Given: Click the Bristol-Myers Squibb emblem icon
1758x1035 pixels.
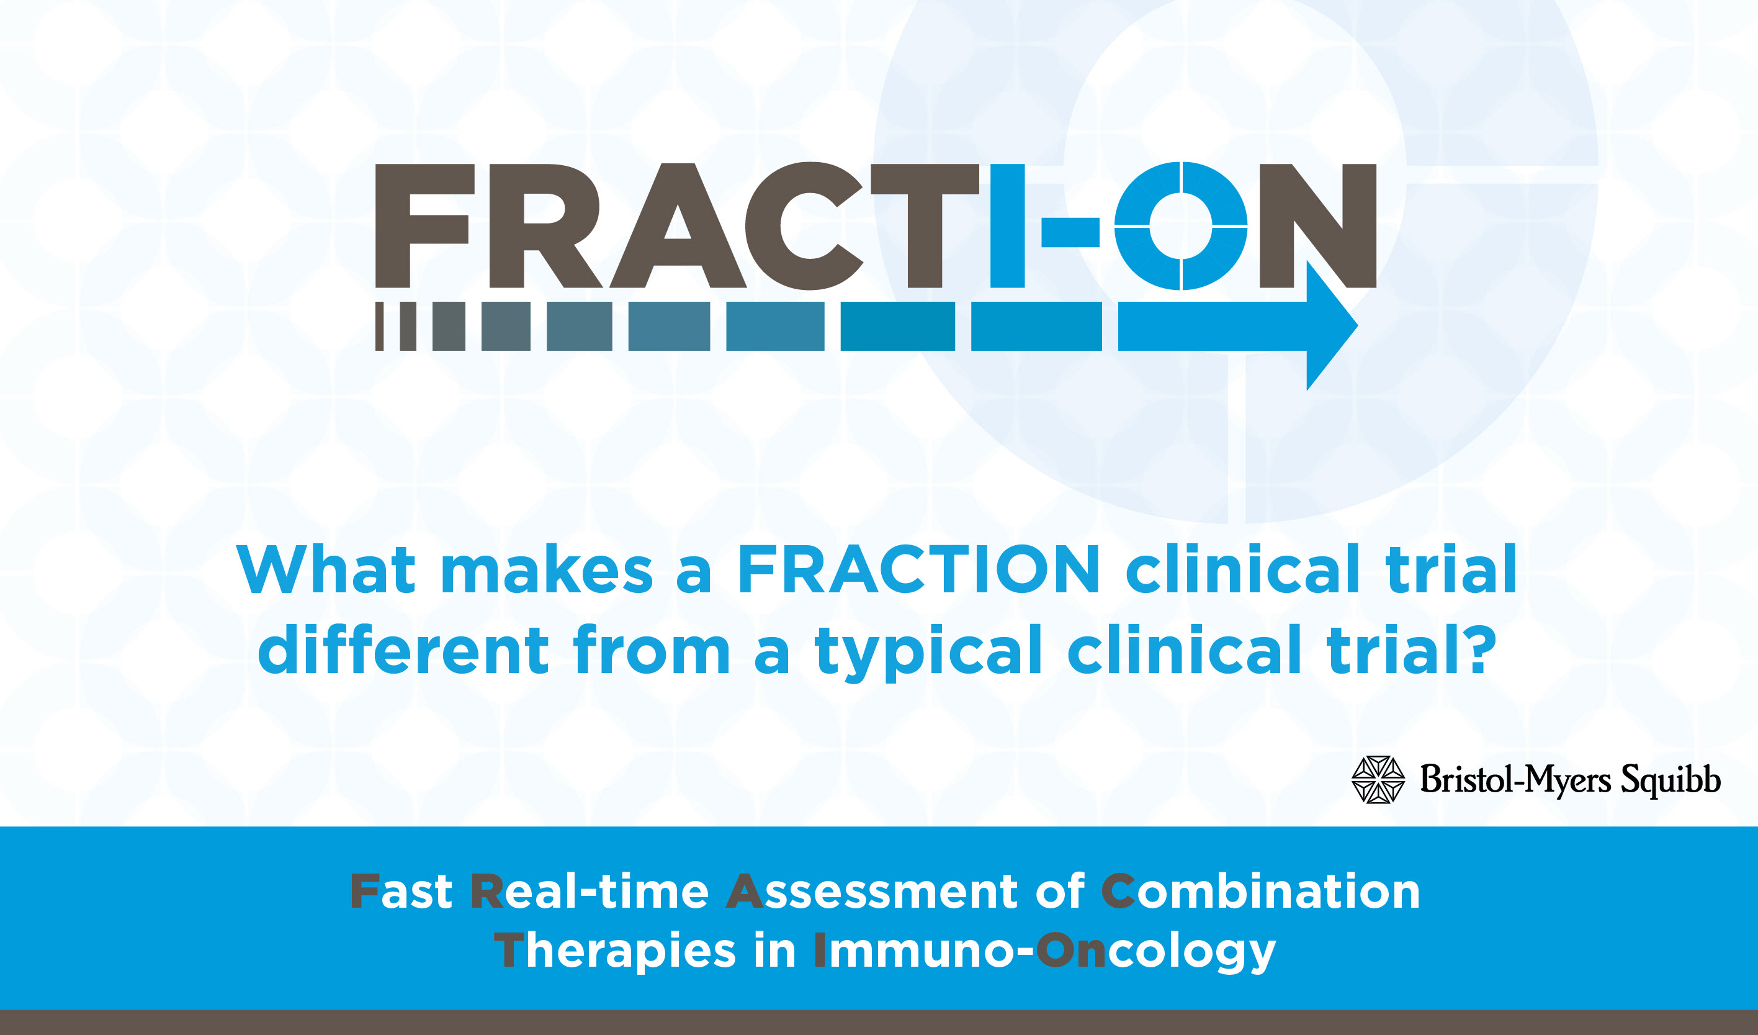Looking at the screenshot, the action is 1378,780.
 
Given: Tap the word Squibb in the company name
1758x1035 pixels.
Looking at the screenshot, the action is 1670,781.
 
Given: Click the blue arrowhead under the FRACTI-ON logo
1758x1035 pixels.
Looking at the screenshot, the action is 1332,326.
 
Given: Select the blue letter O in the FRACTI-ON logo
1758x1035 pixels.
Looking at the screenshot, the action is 1180,226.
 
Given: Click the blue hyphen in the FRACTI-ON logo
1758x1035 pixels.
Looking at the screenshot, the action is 1070,232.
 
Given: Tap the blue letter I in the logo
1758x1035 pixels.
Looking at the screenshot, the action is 1007,226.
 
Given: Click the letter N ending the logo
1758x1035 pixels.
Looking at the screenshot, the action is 1318,226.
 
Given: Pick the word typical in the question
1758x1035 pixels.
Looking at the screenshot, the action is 928,652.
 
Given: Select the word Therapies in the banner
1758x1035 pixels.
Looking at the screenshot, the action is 614,951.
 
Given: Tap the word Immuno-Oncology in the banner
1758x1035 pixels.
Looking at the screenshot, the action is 1045,951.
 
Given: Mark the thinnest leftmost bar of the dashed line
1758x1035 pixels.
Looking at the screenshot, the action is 380,326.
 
